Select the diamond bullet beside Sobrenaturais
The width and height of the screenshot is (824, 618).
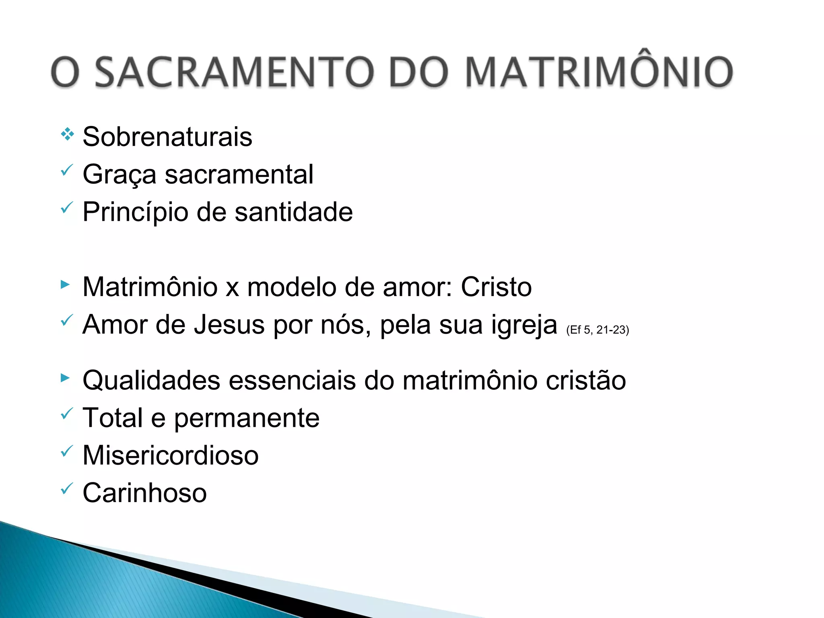pos(67,134)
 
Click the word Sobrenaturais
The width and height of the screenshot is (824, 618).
pos(167,137)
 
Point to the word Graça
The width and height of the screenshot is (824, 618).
pos(119,175)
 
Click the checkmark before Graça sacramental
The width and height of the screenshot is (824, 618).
pos(67,170)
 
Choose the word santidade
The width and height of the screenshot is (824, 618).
pos(294,212)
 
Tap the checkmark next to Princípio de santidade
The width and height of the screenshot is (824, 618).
pos(67,208)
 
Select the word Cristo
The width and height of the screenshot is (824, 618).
pos(496,287)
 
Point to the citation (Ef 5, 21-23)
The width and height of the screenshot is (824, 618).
pos(597,330)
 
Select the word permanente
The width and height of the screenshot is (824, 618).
pos(247,418)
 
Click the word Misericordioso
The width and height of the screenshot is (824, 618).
pos(171,455)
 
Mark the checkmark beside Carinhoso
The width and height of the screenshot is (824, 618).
pos(67,488)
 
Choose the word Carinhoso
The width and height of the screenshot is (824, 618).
pos(145,493)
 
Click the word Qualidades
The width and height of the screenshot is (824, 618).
pos(151,380)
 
